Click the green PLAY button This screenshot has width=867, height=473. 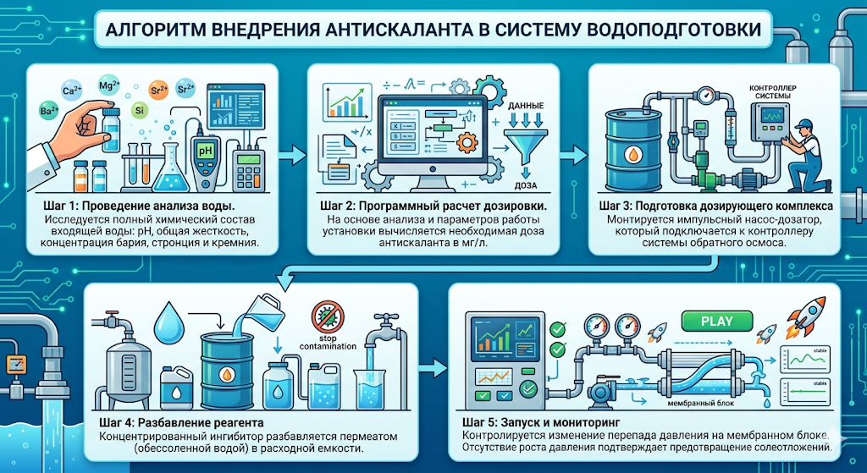coord(717,322)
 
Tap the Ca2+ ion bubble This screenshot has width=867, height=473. coord(72,91)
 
